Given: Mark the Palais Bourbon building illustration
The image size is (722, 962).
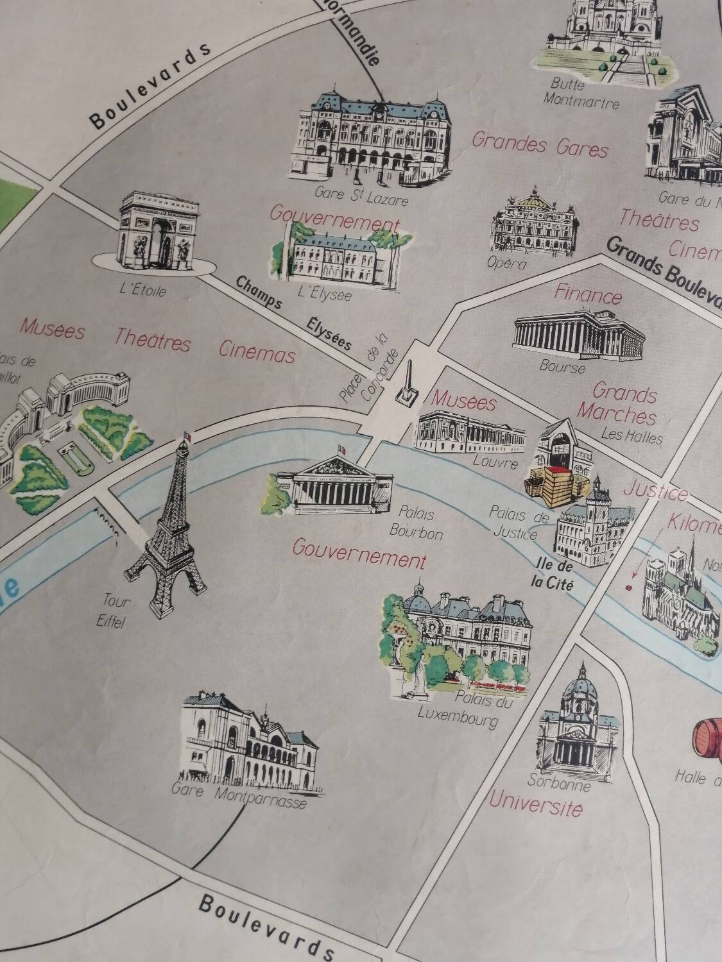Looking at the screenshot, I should pos(334,487).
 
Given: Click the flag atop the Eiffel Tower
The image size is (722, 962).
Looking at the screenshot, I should pos(187,436).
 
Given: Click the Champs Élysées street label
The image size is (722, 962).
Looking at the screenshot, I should pos(295,315).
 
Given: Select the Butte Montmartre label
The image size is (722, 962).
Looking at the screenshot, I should pos(580,94).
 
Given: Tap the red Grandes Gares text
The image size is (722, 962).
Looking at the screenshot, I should pos(539,144).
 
